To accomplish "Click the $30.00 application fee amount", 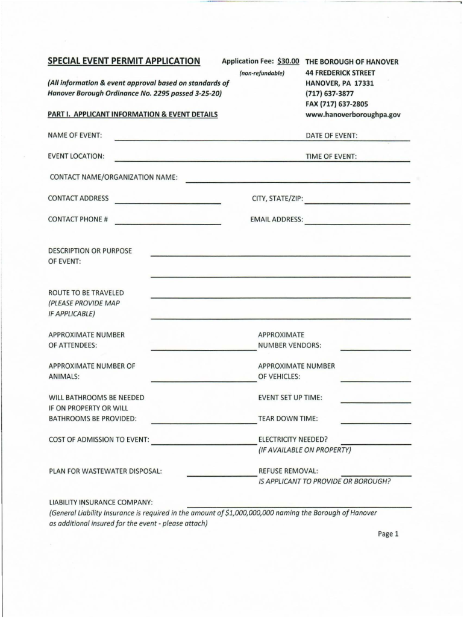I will point(288,62).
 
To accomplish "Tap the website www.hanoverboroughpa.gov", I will point(353,114).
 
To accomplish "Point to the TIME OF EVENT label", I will point(331,156).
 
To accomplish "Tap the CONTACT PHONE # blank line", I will point(168,223).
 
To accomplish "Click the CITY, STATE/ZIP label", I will point(277,199).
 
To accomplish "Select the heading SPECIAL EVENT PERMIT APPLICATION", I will point(124,61).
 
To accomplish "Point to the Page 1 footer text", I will point(389,534).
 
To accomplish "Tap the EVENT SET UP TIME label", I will point(290,398).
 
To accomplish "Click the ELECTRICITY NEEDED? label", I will point(293,439).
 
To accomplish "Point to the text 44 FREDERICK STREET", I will point(340,73).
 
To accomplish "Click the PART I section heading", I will point(133,114).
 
